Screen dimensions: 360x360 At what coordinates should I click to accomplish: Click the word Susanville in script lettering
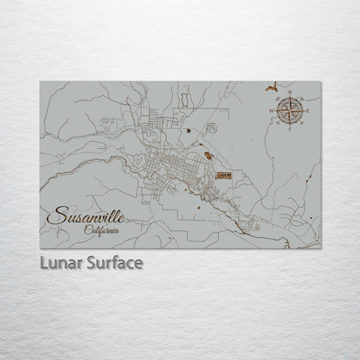pos(86,215)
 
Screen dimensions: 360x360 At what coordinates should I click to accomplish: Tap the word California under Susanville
pos(103,229)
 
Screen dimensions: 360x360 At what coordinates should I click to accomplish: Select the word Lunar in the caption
pos(60,262)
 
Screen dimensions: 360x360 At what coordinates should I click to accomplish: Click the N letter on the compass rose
pos(290,97)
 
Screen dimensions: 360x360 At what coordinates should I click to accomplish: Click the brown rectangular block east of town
pos(224,175)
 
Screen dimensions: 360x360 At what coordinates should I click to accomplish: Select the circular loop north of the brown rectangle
pos(211,128)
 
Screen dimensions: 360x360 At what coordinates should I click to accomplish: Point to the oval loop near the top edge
pos(184,100)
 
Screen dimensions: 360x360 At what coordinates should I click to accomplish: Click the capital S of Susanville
pos(55,214)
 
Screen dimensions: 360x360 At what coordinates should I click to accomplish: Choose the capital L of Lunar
pos(44,262)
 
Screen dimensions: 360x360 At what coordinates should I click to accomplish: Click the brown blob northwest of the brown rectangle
pos(208,156)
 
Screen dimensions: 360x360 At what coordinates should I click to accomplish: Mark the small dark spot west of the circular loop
pos(187,131)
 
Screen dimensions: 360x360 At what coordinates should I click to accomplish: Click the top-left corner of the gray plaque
pos(41,82)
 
